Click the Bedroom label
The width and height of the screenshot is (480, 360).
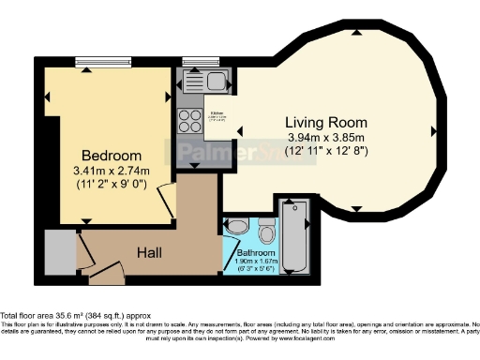(x=112, y=155)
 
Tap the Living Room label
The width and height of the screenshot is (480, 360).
(x=326, y=123)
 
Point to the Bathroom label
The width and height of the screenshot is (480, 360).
(x=255, y=253)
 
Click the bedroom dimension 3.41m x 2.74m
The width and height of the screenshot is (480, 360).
(x=112, y=171)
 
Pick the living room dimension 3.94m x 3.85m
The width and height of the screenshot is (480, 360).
(x=326, y=138)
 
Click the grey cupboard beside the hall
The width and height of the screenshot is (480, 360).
(x=58, y=250)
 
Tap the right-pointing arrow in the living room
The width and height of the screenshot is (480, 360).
(x=434, y=130)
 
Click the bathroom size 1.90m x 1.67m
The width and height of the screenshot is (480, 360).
(x=255, y=263)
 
